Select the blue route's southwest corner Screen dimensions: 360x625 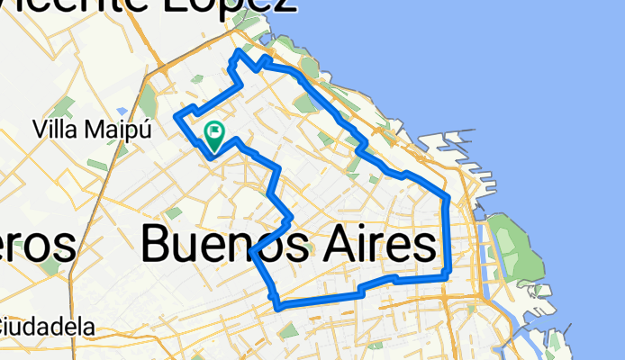click(x=278, y=307)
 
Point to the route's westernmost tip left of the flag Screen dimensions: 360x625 click(x=176, y=116)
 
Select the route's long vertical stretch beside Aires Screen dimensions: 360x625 click(x=448, y=234)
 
